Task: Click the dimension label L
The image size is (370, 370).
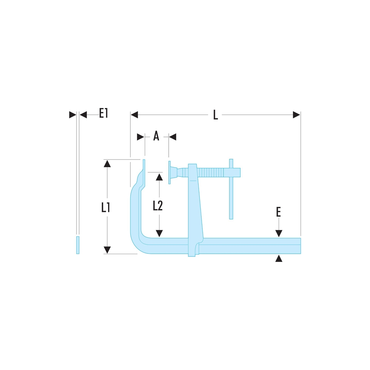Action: [x=215, y=115]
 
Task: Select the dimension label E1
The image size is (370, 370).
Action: [x=103, y=113]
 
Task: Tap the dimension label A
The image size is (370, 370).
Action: [x=156, y=137]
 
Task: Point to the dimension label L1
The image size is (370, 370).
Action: [x=107, y=207]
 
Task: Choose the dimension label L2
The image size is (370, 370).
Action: [x=158, y=206]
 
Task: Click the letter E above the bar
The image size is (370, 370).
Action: [x=279, y=212]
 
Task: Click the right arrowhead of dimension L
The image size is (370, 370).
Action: [x=296, y=115]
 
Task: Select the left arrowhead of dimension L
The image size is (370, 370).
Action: [x=134, y=115]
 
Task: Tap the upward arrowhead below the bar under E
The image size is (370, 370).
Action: [x=279, y=258]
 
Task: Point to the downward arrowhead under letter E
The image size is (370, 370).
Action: [x=279, y=233]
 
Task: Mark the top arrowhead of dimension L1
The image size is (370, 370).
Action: [x=107, y=164]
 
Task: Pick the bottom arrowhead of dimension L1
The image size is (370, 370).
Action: [x=107, y=250]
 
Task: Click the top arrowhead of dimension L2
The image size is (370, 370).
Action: [x=159, y=176]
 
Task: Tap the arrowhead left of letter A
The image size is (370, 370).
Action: [x=141, y=137]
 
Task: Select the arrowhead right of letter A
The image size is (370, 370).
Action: [x=172, y=137]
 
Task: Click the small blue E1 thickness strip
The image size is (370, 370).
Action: [x=78, y=245]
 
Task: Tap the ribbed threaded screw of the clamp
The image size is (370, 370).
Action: [x=211, y=172]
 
